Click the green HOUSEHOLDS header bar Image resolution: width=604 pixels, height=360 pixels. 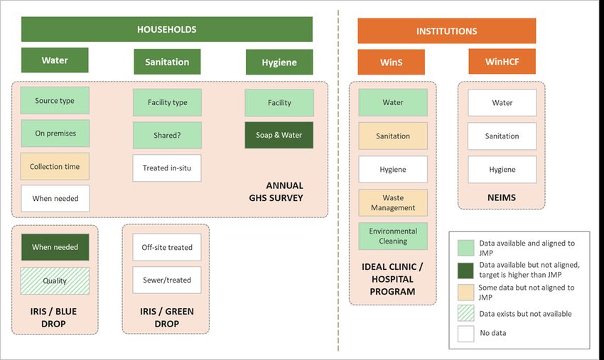(x=167, y=29)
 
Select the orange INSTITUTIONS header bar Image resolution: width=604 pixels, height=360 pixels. (x=447, y=31)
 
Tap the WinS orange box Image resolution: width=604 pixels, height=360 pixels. (x=392, y=62)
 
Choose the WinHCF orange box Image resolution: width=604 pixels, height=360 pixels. (x=502, y=61)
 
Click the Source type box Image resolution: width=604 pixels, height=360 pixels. (x=55, y=101)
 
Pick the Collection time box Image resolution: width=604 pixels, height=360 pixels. (x=55, y=166)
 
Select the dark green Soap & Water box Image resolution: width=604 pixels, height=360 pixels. (x=279, y=135)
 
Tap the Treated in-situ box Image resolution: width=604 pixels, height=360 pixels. (x=167, y=168)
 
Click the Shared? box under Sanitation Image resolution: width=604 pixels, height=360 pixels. (x=167, y=135)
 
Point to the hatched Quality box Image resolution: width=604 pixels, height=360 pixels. (x=55, y=280)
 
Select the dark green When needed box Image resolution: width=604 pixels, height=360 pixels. (x=55, y=247)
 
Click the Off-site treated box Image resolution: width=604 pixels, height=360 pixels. (x=167, y=247)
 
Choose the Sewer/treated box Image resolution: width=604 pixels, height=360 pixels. (x=167, y=280)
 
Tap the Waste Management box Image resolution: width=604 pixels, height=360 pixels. (x=393, y=202)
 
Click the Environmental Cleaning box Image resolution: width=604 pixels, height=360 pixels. (x=393, y=236)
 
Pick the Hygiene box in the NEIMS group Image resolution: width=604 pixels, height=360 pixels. (x=502, y=170)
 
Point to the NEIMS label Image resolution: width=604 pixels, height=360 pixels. (x=502, y=197)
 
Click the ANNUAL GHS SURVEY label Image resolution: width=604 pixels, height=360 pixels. (x=276, y=192)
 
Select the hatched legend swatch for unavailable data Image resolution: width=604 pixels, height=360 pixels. (x=465, y=313)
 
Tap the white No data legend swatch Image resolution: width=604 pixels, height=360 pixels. (x=465, y=334)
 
